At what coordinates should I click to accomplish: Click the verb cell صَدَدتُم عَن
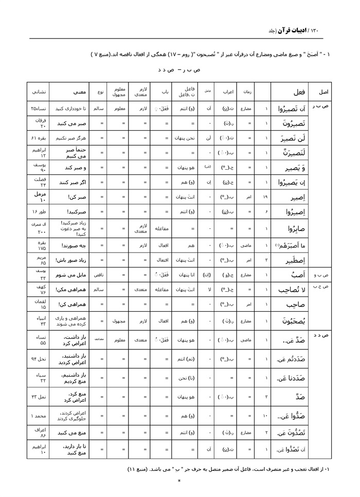[291, 360]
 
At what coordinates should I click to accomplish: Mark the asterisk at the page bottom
[179, 481]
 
